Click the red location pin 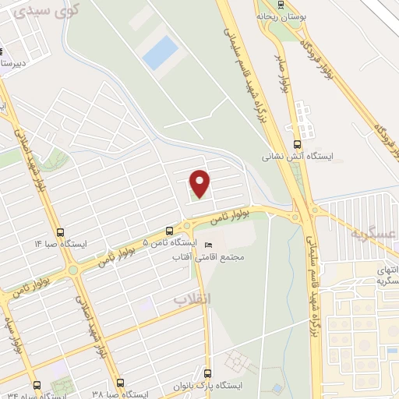pyautogui.click(x=201, y=183)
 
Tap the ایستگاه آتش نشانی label pyautogui.click(x=296, y=156)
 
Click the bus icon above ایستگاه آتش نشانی pyautogui.click(x=296, y=144)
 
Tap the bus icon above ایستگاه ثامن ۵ pyautogui.click(x=169, y=231)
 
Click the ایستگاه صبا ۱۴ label pyautogui.click(x=61, y=243)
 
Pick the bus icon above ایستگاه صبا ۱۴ pyautogui.click(x=61, y=231)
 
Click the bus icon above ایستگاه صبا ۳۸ pyautogui.click(x=119, y=383)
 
